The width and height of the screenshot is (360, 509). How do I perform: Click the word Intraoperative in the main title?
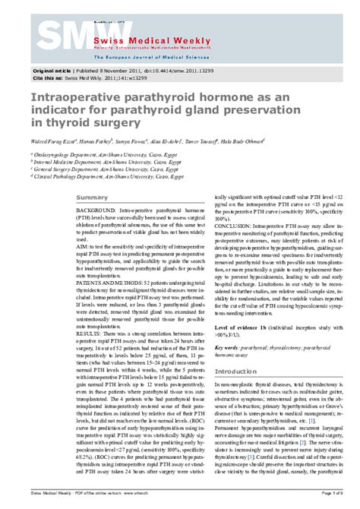pos(68,99)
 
